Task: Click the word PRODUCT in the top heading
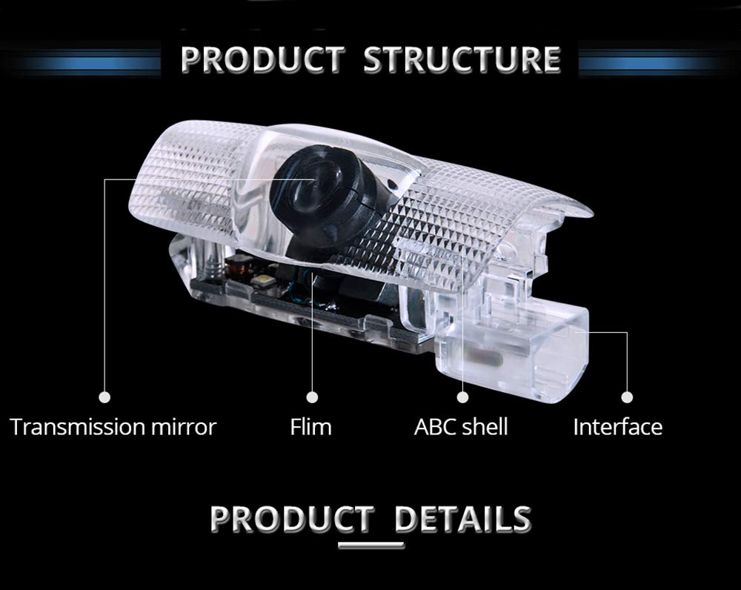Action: (263, 59)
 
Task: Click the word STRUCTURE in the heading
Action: (462, 59)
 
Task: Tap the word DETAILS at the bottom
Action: (462, 518)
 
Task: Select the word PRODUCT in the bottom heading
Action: (292, 518)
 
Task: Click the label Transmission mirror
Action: (113, 427)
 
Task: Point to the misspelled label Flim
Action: (310, 427)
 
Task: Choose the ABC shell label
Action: (461, 427)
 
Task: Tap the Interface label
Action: (617, 427)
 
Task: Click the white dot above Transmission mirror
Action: (104, 397)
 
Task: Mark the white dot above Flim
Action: (312, 397)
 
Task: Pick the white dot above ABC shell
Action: (463, 397)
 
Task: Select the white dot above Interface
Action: (627, 397)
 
